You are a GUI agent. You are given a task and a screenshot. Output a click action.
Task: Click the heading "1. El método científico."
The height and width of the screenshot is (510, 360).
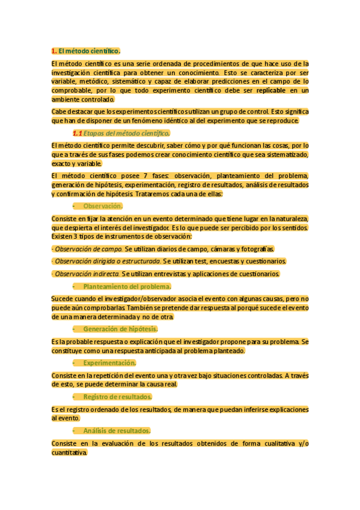(86, 51)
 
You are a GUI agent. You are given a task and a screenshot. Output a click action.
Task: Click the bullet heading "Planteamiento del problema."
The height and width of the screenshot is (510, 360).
(127, 286)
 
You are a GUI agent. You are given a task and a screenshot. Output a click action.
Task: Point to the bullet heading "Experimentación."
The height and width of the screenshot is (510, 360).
(109, 363)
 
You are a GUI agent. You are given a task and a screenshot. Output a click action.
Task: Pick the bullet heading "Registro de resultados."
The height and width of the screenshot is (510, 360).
(117, 397)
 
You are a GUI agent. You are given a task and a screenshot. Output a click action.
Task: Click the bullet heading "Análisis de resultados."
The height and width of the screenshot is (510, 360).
(117, 431)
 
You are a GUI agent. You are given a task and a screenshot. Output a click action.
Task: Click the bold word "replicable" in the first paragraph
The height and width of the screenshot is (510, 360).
(271, 90)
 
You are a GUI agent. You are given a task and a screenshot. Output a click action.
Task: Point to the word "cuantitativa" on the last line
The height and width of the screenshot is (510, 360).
(69, 452)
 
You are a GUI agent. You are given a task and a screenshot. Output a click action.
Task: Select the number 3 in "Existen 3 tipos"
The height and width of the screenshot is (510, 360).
(78, 236)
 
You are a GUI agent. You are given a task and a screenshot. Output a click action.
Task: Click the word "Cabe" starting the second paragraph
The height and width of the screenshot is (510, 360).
(59, 111)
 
